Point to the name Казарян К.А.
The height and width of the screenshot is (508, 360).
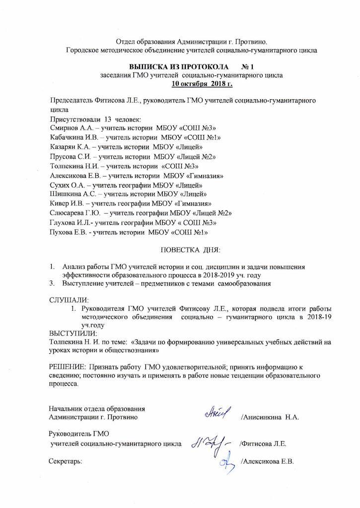(71, 147)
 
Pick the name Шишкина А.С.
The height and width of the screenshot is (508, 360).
(72, 194)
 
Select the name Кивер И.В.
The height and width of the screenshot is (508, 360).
(68, 203)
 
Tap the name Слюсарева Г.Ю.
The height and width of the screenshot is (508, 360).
(74, 213)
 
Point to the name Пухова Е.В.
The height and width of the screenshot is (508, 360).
(69, 232)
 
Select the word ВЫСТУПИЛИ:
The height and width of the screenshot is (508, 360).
(73, 334)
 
